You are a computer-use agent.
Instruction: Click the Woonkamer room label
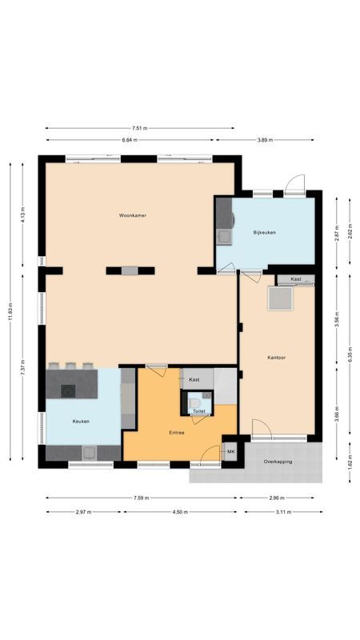coord(133,216)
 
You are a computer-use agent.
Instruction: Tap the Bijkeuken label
coord(264,232)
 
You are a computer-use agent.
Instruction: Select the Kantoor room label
coord(277,358)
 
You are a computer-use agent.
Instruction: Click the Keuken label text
coord(80,421)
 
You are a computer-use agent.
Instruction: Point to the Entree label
coord(177,433)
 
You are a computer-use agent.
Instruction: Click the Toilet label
coord(199,411)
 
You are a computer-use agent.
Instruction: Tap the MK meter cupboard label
coord(231,452)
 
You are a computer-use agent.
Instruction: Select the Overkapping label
coord(278,462)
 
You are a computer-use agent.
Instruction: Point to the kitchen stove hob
coord(68,391)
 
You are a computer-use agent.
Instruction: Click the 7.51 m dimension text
coord(140,127)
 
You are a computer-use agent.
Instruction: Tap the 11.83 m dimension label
coord(10,310)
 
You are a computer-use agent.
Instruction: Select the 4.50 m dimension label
coord(180,512)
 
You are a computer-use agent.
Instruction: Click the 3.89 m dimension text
coord(265,140)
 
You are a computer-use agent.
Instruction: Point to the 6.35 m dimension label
coord(350,358)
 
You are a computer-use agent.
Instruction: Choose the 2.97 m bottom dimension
coord(83,512)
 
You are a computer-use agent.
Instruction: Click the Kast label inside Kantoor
coord(296,279)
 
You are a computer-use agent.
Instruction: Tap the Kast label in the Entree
coord(194,379)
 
